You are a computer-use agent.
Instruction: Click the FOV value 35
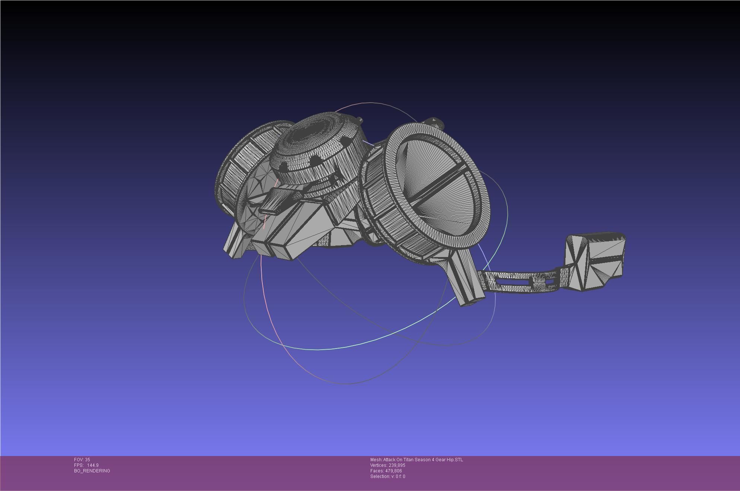click(x=87, y=460)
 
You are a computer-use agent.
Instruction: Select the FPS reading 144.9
click(x=93, y=465)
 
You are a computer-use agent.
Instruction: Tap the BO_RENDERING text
click(x=92, y=471)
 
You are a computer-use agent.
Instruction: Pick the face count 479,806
click(x=393, y=471)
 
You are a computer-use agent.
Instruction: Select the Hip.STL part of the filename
click(x=455, y=460)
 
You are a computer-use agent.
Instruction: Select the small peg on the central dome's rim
click(x=360, y=120)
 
